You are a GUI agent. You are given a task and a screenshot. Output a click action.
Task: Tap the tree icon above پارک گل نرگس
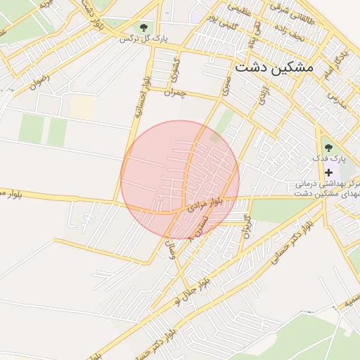click(143, 27)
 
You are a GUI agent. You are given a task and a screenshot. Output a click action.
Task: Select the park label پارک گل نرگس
click(143, 38)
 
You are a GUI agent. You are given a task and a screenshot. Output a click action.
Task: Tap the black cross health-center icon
click(328, 172)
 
